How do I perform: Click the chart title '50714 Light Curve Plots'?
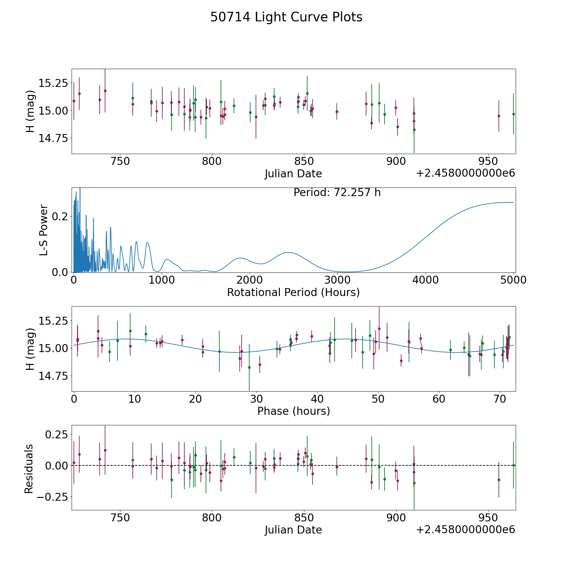[286, 17]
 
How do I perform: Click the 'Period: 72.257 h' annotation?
[337, 193]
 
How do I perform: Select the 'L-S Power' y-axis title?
[44, 230]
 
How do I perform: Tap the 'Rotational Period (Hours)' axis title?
[293, 292]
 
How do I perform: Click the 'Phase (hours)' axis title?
[294, 411]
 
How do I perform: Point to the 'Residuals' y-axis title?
[29, 469]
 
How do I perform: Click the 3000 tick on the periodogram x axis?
[337, 280]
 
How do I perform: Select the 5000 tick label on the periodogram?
[513, 280]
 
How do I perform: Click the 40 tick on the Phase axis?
[317, 399]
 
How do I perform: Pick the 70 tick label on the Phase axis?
[500, 399]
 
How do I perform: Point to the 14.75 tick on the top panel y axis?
[53, 138]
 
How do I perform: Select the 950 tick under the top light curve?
[488, 161]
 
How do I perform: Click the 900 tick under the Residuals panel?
[396, 518]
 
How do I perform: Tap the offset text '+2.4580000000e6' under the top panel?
[466, 173]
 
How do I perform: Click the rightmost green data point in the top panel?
[513, 114]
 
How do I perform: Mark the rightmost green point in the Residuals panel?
[513, 465]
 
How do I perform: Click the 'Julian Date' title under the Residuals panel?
[293, 530]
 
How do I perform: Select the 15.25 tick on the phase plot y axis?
[53, 321]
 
